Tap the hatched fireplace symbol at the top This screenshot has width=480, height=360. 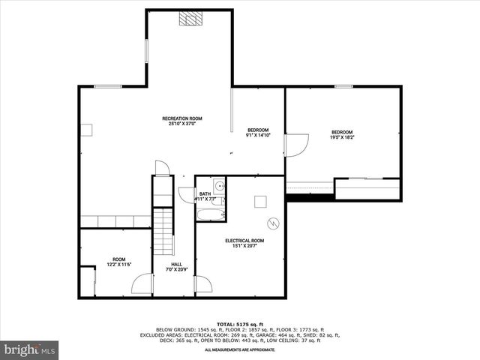188,19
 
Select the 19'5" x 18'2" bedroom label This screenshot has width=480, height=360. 343,135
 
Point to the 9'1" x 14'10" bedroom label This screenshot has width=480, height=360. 258,133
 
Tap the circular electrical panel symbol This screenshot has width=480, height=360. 274,223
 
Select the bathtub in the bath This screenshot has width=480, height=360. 210,215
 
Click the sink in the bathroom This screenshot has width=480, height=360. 217,184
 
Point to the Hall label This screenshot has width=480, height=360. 177,266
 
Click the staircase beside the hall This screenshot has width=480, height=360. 163,232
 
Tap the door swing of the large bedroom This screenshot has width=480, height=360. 296,145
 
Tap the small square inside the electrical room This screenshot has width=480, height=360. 260,201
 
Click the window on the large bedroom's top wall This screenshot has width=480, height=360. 344,86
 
